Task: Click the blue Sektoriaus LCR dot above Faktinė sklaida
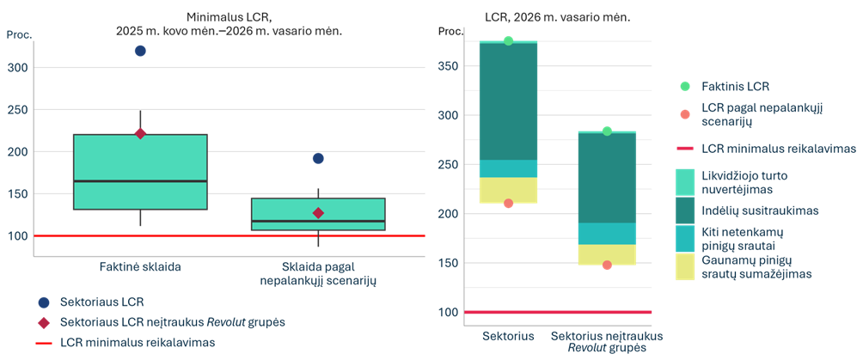point(140,52)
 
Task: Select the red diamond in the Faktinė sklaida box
point(140,134)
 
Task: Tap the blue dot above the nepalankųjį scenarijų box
point(318,159)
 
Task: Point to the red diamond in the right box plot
point(318,213)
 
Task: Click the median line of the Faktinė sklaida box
point(140,180)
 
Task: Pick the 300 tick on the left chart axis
point(18,67)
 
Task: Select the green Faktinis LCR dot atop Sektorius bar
point(509,40)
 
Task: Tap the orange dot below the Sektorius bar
point(509,203)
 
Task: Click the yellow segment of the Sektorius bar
point(509,190)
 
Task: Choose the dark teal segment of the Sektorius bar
point(509,101)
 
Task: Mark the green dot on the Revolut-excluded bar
point(607,131)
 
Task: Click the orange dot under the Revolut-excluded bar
point(607,265)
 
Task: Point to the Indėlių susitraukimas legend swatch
point(684,211)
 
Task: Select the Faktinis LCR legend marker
point(685,87)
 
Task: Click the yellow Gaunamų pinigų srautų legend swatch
point(684,267)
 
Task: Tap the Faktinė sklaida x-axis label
point(140,267)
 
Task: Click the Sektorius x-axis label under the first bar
point(509,336)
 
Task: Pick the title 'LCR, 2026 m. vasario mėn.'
point(558,17)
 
